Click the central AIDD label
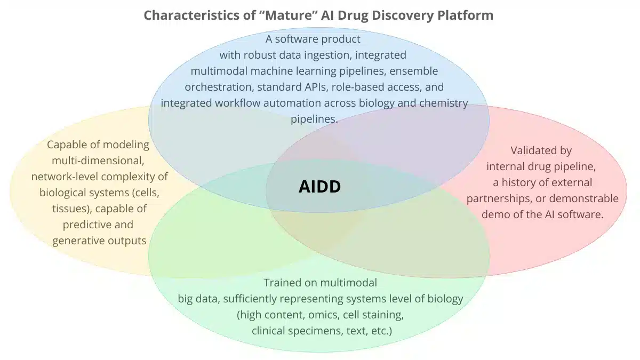click(x=319, y=186)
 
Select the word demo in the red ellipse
click(x=494, y=214)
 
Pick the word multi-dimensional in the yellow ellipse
click(x=98, y=161)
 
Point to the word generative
click(x=78, y=241)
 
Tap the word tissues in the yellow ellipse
click(x=68, y=209)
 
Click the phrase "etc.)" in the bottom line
click(x=381, y=331)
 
